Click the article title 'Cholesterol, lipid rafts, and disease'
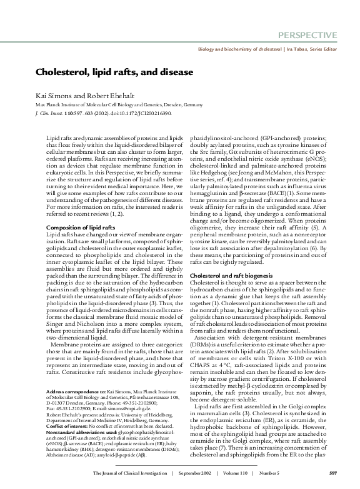(114, 72)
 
